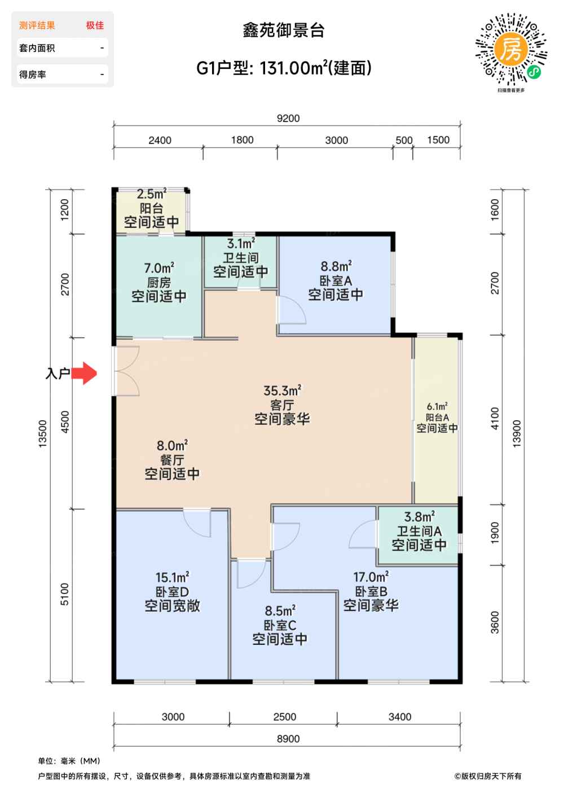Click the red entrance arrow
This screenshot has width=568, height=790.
[85, 373]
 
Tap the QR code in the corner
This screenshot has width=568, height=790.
[511, 49]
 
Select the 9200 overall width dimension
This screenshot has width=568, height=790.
[288, 118]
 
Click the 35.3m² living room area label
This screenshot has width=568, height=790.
[282, 390]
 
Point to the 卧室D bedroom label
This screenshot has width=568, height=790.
[172, 592]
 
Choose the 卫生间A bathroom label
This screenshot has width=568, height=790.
[419, 531]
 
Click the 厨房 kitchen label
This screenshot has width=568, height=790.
[159, 282]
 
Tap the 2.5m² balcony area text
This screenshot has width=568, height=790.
[151, 194]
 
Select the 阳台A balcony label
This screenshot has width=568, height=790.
[437, 418]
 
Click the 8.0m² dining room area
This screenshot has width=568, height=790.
[172, 446]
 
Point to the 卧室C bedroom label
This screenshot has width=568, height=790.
[280, 625]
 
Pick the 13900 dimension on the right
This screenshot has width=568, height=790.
[517, 433]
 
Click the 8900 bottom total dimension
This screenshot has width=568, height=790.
[288, 739]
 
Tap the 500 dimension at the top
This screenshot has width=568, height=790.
[404, 141]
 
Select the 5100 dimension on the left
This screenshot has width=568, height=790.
[64, 594]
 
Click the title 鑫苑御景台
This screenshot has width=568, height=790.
[284, 30]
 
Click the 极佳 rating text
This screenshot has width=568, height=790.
[95, 25]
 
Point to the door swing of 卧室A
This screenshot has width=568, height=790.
[291, 310]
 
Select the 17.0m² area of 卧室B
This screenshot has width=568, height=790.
[371, 577]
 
